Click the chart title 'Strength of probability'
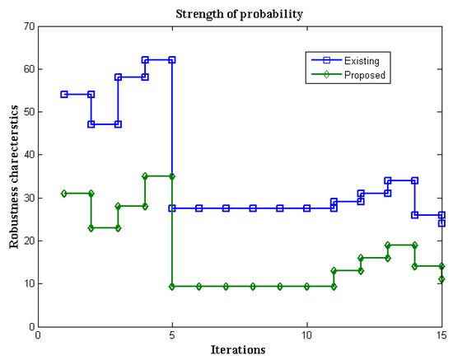[x=238, y=12]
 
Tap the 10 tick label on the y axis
[x=27, y=283]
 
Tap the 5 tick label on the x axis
[x=172, y=335]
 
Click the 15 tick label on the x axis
[x=441, y=335]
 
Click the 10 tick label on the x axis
[x=306, y=335]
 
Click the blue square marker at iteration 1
[x=64, y=94]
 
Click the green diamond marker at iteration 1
[x=64, y=193]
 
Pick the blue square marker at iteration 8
[x=253, y=208]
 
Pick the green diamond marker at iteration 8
[x=253, y=286]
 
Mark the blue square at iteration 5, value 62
[x=172, y=60]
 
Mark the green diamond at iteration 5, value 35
[x=172, y=176]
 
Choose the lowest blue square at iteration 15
[x=441, y=223]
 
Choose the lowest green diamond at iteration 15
[x=441, y=279]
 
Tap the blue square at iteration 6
[x=198, y=208]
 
